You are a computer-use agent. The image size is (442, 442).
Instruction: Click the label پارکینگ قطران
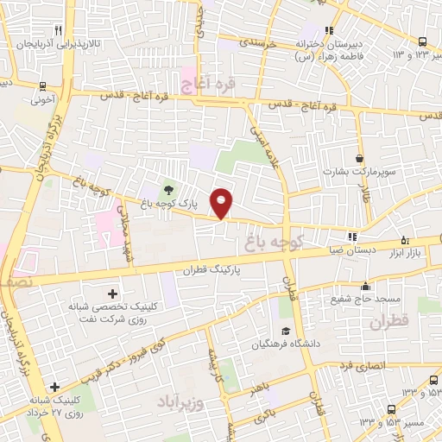210,269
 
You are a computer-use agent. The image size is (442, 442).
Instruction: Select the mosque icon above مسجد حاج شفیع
366,287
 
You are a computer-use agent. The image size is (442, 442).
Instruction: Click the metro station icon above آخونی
41,86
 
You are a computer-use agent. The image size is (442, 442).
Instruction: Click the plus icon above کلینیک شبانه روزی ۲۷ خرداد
54,387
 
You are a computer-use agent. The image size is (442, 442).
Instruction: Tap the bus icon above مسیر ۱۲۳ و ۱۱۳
421,41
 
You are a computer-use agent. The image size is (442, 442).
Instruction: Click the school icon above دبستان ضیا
351,237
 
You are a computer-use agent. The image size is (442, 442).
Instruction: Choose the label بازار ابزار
420,249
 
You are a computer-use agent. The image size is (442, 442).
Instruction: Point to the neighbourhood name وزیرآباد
180,401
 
